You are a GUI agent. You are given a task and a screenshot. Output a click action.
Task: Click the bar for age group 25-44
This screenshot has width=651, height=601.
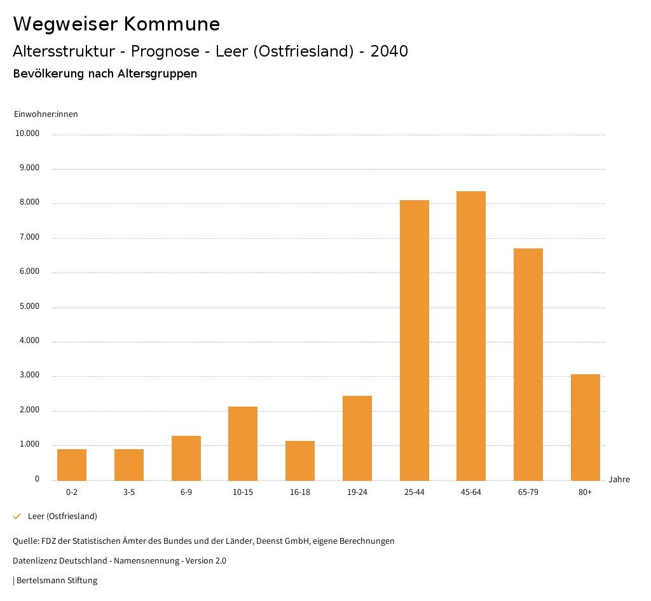pos(414,340)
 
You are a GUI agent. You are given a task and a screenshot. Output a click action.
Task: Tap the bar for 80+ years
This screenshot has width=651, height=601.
pos(585,427)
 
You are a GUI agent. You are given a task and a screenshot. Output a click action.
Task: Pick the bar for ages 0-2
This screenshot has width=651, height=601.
pos(72,464)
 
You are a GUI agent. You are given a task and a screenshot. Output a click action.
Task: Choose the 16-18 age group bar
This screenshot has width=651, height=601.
pos(300,461)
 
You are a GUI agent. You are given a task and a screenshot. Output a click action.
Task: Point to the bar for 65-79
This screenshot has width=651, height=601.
pos(528,364)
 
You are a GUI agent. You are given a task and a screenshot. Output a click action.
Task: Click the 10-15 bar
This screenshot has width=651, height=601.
pos(243,443)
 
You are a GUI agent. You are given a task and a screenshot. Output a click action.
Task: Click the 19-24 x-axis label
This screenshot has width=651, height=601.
pos(357,492)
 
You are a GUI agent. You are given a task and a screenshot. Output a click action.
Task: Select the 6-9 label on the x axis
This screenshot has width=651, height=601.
pos(186,492)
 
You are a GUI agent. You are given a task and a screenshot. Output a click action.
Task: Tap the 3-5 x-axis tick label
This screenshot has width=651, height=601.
pos(129,492)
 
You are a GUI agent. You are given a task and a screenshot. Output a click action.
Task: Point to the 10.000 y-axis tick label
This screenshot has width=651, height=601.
pos(27,134)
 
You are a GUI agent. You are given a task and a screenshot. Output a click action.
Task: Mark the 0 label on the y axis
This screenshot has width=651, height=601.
pos(37,479)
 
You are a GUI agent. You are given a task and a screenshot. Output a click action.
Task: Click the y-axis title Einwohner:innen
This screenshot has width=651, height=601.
pos(46,114)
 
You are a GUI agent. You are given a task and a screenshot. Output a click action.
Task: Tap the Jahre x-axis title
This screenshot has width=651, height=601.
pos(619,480)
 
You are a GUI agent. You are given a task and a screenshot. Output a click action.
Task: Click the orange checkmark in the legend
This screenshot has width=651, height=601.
pos(17,517)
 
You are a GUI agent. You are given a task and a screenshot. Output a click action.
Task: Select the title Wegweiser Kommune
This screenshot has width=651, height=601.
pos(116,24)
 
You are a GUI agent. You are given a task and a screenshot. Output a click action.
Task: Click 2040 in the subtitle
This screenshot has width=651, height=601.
pos(388,51)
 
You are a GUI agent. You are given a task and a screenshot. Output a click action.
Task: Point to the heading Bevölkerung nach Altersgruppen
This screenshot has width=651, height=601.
pos(105,74)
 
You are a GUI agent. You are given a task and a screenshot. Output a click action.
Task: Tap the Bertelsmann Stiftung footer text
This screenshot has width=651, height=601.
pos(57,581)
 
